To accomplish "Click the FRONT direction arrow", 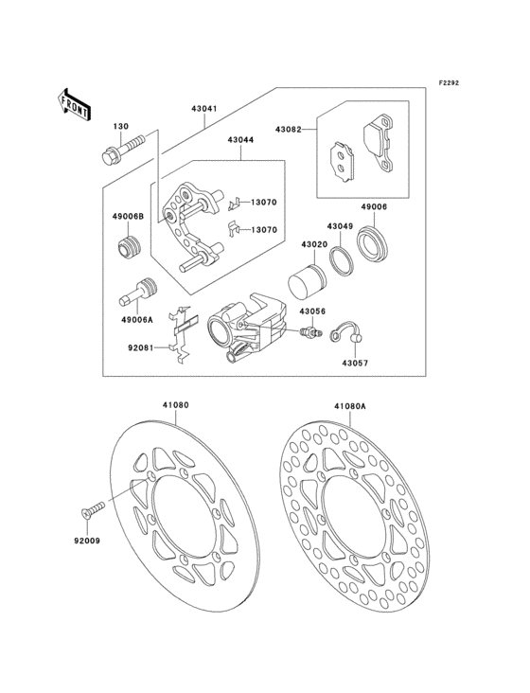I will [x=74, y=102].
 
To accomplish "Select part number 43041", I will [x=204, y=109].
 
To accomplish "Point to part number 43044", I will [x=239, y=140].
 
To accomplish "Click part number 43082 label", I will [x=289, y=128].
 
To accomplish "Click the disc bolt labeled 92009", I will [x=91, y=512].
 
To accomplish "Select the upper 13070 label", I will [x=264, y=203].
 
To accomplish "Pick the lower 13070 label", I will [x=264, y=229].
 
